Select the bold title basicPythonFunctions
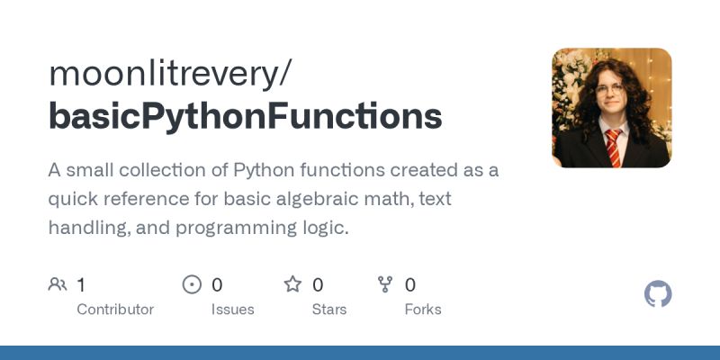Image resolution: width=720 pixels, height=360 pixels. [x=246, y=117]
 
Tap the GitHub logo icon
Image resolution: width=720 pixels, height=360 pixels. [x=659, y=293]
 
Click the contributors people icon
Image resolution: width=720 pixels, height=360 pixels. [x=58, y=284]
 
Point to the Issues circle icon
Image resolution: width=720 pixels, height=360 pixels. [x=192, y=284]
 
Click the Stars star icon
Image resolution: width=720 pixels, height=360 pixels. [x=292, y=284]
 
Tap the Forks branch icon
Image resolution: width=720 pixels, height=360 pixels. [x=385, y=284]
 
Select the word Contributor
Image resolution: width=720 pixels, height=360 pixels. [x=115, y=309]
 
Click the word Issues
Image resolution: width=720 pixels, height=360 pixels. [x=232, y=309]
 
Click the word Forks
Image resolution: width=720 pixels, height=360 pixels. [x=423, y=309]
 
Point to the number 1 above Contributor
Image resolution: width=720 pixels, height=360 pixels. [x=81, y=285]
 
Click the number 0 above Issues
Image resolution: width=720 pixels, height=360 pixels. [x=217, y=285]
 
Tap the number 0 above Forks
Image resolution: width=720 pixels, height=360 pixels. [x=410, y=285]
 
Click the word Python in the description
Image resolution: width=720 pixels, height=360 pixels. [x=268, y=170]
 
